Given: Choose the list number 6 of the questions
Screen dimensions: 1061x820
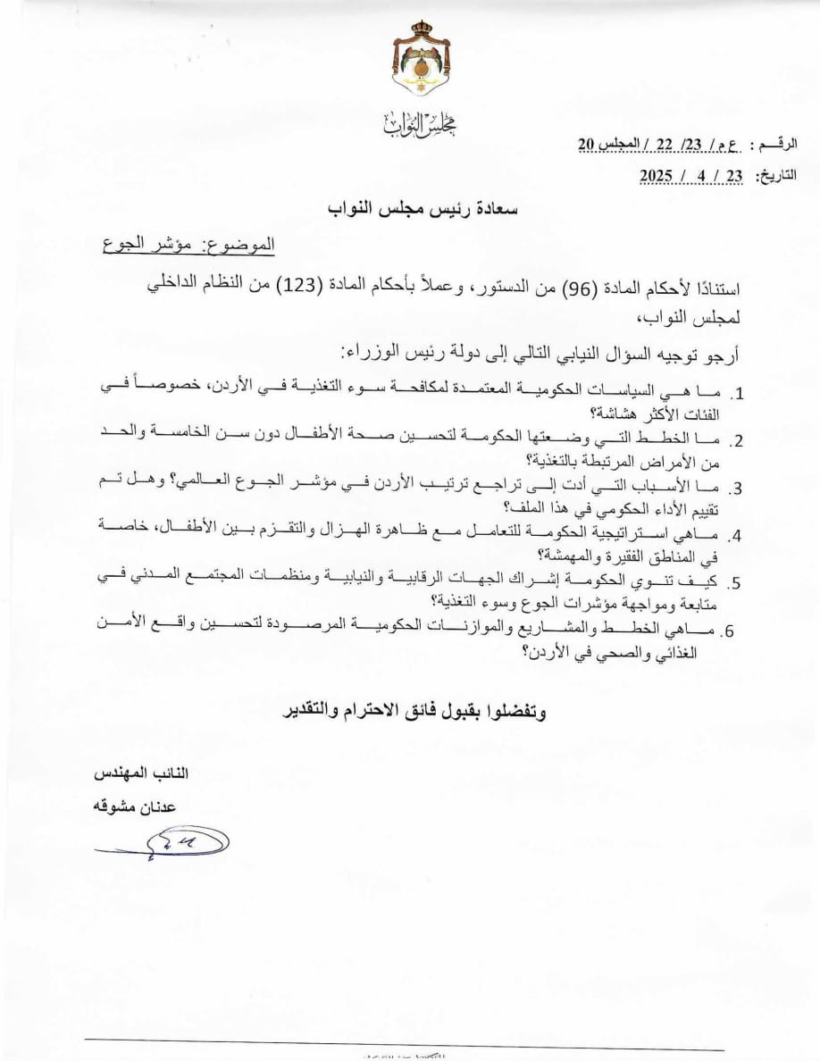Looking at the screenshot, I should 730,631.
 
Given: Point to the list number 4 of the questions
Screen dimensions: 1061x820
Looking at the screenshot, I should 738,537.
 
